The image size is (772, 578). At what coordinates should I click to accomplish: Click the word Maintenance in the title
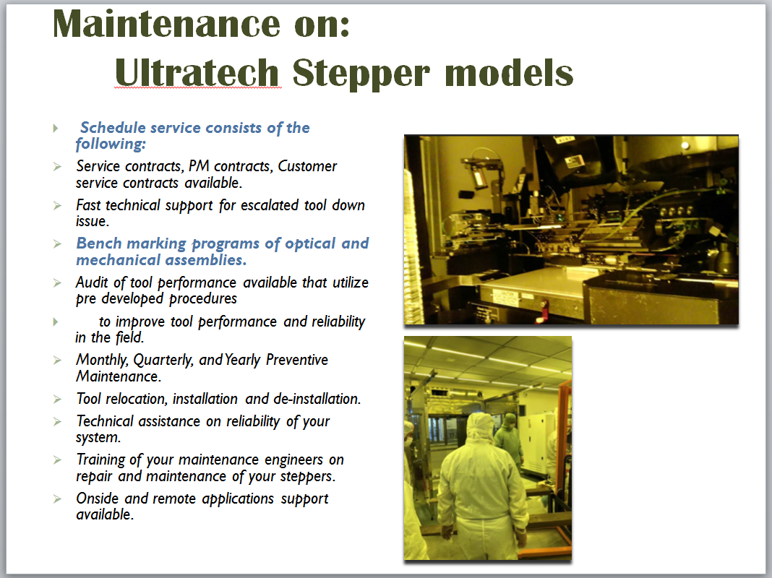tap(166, 24)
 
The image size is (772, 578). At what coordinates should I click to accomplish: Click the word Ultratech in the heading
tap(197, 72)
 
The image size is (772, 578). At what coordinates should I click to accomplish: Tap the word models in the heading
tap(509, 72)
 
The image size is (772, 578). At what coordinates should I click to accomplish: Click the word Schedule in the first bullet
tap(113, 127)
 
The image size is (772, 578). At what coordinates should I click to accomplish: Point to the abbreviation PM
tap(198, 166)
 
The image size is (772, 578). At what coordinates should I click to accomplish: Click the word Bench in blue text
tap(99, 243)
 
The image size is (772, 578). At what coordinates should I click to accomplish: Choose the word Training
tap(100, 460)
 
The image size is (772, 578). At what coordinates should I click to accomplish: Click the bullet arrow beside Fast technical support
tap(57, 205)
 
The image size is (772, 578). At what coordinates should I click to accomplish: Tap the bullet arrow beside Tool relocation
tap(57, 399)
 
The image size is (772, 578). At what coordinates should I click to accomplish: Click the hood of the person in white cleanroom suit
tap(479, 427)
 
